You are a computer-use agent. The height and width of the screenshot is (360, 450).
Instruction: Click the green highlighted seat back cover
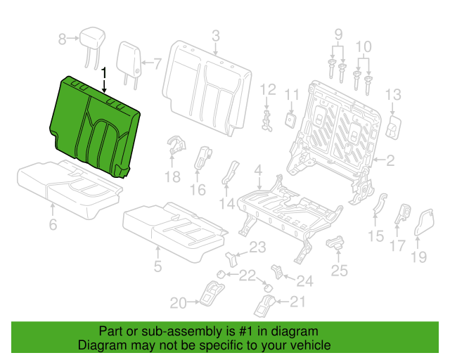click(95, 127)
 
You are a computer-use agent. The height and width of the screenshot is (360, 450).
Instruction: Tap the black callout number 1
click(104, 73)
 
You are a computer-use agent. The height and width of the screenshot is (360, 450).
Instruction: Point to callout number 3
click(216, 36)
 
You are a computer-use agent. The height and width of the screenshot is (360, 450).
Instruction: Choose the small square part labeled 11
click(290, 120)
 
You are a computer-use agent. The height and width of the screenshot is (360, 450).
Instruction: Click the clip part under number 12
click(267, 121)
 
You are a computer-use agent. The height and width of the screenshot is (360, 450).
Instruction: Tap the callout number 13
click(393, 94)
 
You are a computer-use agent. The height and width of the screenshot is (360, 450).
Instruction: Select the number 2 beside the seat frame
click(391, 161)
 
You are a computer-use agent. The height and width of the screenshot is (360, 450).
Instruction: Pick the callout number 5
click(157, 266)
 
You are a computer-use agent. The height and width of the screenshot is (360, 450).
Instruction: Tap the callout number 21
click(297, 302)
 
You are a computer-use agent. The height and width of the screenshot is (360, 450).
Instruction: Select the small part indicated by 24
click(276, 271)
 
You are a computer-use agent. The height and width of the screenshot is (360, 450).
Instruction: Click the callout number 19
click(419, 257)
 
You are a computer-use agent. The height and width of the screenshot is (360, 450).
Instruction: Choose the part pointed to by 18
click(176, 146)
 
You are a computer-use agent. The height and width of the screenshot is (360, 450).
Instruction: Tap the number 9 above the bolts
click(339, 34)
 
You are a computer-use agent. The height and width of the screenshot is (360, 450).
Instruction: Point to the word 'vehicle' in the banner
click(312, 345)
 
